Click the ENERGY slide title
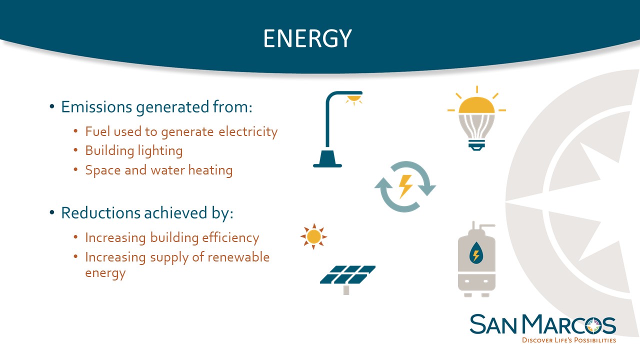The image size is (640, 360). click(x=307, y=38)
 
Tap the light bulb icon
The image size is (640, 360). click(x=476, y=118)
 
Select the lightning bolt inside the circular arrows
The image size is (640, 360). click(x=405, y=186)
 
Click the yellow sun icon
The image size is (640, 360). click(x=313, y=236)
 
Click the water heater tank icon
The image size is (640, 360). click(x=476, y=259)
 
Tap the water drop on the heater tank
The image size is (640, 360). click(x=476, y=253)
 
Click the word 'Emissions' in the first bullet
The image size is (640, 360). click(x=96, y=107)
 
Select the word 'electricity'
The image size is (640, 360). click(x=248, y=132)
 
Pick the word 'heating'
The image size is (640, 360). click(x=210, y=170)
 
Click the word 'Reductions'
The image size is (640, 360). click(x=100, y=213)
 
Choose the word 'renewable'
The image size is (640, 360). click(x=238, y=257)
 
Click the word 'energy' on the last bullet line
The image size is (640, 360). click(x=105, y=273)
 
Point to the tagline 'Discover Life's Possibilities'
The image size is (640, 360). click(x=569, y=340)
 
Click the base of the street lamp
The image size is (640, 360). click(x=327, y=159)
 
